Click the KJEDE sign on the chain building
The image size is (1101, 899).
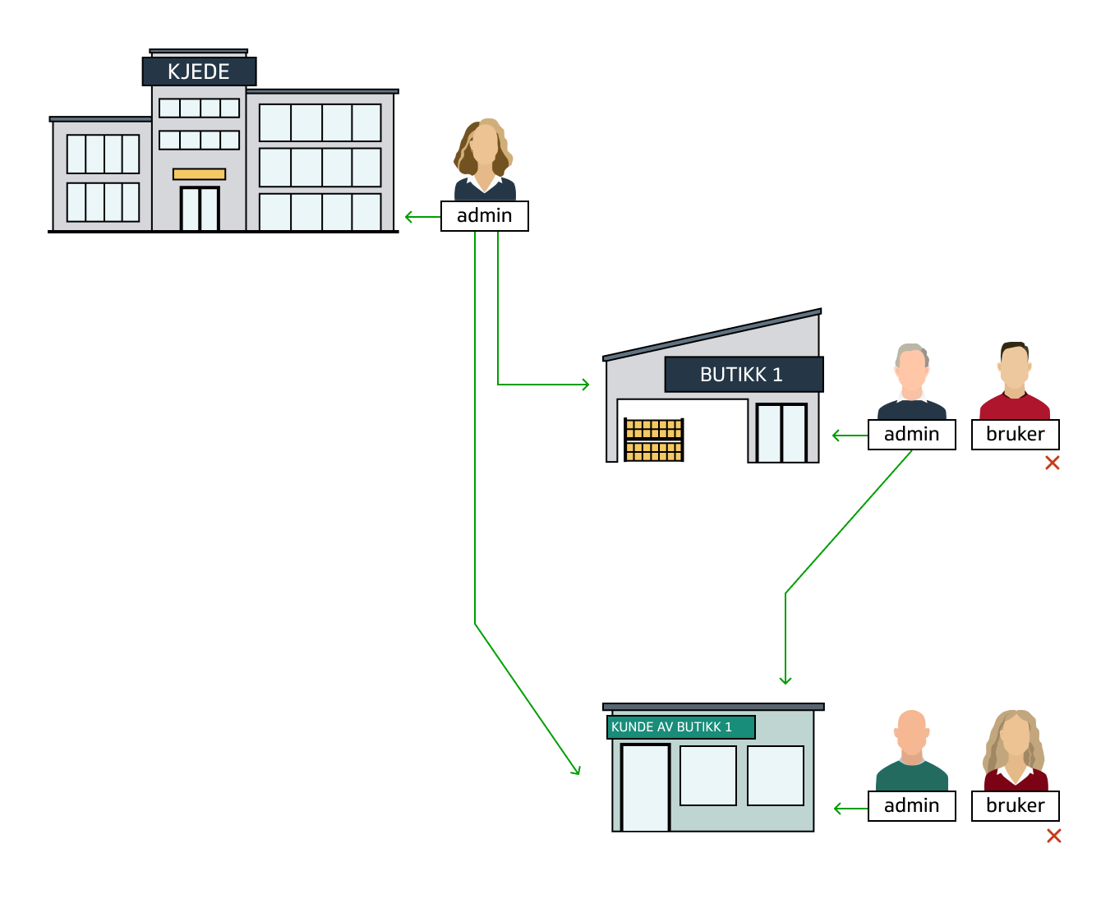click(199, 71)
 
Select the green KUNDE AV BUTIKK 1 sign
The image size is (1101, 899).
click(680, 727)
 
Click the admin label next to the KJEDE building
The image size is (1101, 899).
click(484, 216)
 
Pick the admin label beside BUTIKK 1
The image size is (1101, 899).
click(911, 435)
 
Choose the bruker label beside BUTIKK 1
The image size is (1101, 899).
click(1015, 435)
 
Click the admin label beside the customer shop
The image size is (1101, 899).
click(911, 806)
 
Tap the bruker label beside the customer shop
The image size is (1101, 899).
click(1015, 806)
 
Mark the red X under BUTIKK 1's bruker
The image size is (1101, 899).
click(1052, 463)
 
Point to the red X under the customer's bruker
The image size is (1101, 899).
click(1053, 837)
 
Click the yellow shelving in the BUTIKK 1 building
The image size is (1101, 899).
click(654, 440)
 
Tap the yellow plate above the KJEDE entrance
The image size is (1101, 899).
click(199, 174)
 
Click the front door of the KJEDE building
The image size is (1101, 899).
click(200, 209)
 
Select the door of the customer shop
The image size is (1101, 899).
click(645, 787)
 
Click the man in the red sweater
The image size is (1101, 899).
click(1015, 382)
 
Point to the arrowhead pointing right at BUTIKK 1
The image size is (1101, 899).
click(585, 385)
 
